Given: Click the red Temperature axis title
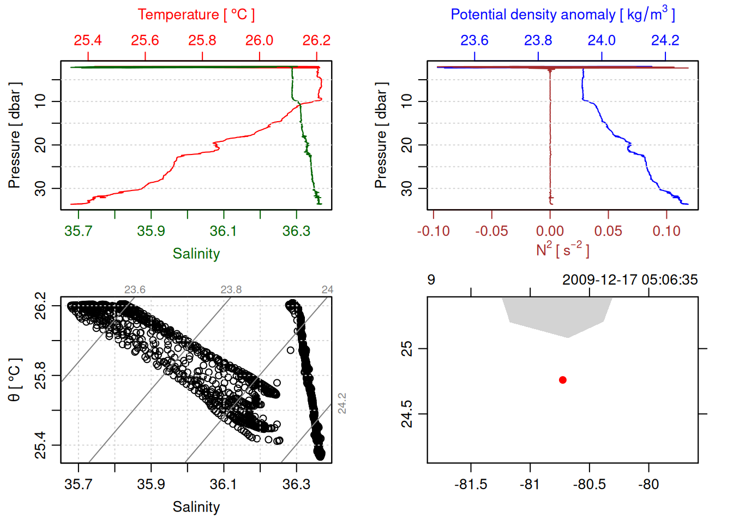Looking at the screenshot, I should pyautogui.click(x=196, y=15).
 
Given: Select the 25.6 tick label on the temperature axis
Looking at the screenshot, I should pyautogui.click(x=145, y=40).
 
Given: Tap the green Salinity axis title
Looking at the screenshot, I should pyautogui.click(x=196, y=254).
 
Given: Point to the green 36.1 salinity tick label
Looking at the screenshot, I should pyautogui.click(x=224, y=231).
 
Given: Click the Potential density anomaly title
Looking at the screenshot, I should pyautogui.click(x=562, y=15).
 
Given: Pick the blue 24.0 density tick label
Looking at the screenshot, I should pyautogui.click(x=602, y=40).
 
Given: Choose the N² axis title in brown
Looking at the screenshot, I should pyautogui.click(x=562, y=249).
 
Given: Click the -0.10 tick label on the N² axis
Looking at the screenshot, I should pyautogui.click(x=434, y=231).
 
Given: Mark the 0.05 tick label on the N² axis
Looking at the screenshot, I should pyautogui.click(x=608, y=231).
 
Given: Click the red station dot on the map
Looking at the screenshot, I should pyautogui.click(x=563, y=380).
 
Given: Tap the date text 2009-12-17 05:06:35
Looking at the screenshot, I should pyautogui.click(x=630, y=280).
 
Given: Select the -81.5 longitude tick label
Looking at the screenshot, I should pyautogui.click(x=471, y=484).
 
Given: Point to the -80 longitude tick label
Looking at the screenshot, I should pyautogui.click(x=648, y=484).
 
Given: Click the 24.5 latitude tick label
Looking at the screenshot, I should pyautogui.click(x=407, y=414).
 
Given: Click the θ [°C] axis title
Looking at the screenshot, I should pyautogui.click(x=15, y=380).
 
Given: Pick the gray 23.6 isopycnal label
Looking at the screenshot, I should pyautogui.click(x=135, y=290).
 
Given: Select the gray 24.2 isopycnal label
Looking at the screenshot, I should pyautogui.click(x=342, y=403).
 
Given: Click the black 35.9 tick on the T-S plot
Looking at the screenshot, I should pyautogui.click(x=151, y=484).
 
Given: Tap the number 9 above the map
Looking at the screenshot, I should pyautogui.click(x=431, y=280).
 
